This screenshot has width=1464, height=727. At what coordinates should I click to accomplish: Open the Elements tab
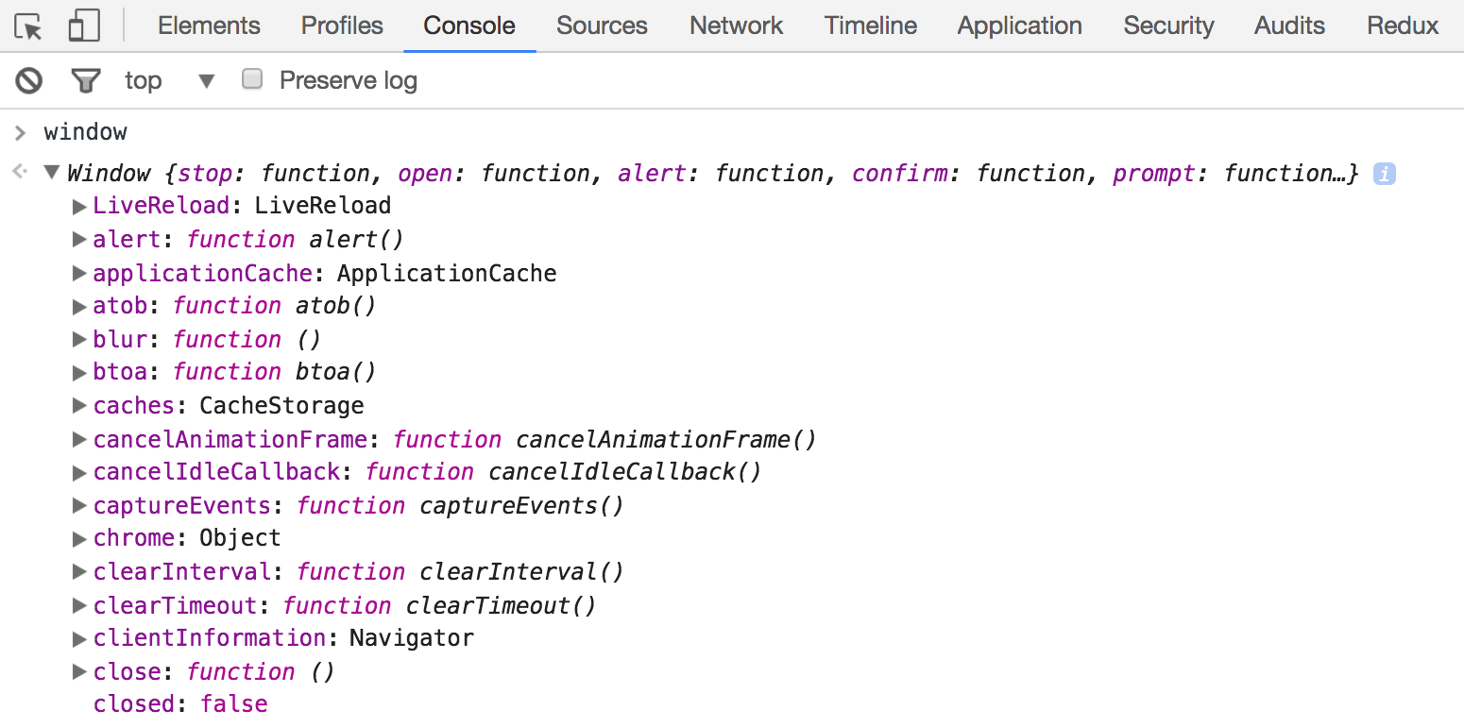[209, 25]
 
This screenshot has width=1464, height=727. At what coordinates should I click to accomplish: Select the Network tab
[736, 25]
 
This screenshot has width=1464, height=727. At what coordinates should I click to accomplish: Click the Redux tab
[1403, 25]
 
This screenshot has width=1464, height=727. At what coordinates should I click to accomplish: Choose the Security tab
[1168, 26]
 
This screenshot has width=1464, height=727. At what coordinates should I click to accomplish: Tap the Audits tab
[1289, 25]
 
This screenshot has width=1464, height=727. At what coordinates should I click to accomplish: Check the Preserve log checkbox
[251, 79]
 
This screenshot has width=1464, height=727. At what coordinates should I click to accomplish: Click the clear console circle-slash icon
[29, 80]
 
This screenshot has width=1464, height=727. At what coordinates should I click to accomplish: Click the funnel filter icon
[86, 81]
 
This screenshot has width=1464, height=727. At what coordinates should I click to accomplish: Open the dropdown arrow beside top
[207, 81]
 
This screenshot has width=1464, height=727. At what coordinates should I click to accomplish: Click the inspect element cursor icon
[28, 26]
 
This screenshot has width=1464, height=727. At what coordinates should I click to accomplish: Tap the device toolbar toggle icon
[84, 25]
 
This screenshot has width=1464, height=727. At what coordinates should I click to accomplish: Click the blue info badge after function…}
[1385, 174]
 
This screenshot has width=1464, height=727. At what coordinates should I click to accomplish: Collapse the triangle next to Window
[52, 173]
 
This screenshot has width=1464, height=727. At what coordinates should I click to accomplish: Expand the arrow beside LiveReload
[79, 207]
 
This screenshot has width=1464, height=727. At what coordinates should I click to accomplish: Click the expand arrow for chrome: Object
[79, 539]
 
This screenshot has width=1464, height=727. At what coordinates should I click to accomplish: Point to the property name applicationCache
[203, 273]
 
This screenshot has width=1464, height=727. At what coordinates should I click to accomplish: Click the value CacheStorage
[281, 406]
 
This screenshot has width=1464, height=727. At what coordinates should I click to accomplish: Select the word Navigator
[412, 638]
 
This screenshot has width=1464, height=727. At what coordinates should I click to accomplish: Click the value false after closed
[234, 704]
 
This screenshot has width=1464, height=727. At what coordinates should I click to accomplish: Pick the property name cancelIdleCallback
[217, 471]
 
